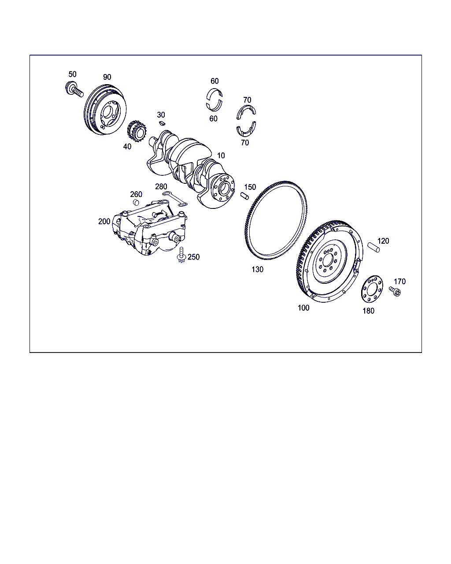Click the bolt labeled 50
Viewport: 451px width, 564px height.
point(74,89)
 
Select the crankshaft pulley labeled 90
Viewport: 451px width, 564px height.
point(105,110)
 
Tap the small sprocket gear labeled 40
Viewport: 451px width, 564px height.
point(137,131)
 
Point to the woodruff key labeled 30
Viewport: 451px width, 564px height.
point(163,123)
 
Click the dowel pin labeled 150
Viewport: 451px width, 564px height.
point(244,196)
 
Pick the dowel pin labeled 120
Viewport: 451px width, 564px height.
point(373,248)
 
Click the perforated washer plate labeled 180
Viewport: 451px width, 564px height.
point(372,289)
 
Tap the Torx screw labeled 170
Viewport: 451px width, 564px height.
point(395,291)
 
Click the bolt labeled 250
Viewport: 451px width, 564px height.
point(181,255)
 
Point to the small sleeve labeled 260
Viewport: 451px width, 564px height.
point(136,202)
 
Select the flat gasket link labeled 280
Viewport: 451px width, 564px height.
point(175,199)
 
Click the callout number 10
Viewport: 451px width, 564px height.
point(221,156)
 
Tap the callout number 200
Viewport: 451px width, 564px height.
point(104,222)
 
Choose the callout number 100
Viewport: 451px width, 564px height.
point(303,308)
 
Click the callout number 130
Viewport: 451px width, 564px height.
point(257,269)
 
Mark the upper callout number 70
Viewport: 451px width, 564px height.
point(247,100)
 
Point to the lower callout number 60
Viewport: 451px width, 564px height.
point(213,119)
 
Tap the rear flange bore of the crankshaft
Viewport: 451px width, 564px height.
point(224,189)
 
